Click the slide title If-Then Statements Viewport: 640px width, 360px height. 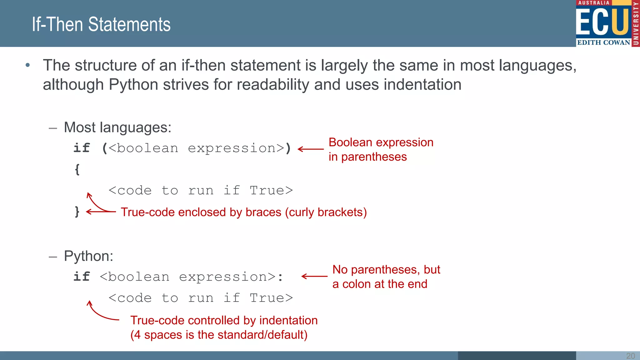coord(101,24)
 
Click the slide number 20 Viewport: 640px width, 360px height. coord(630,356)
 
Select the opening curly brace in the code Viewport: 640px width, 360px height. coord(77,170)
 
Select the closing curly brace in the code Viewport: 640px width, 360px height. coord(77,212)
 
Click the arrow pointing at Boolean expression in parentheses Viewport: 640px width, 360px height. coord(311,149)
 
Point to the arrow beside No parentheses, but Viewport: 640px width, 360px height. coord(314,276)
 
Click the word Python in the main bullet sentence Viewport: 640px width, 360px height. coord(133,85)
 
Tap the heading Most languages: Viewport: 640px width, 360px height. coord(117,127)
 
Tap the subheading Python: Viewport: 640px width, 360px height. coord(88,256)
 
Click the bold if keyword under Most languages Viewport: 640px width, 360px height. coord(82,148)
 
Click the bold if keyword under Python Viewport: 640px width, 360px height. coord(82,277)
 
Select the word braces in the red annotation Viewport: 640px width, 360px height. coord(263,212)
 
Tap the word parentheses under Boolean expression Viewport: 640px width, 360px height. coord(374,157)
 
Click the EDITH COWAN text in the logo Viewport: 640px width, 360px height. coord(603,42)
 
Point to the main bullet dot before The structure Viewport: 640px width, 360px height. coord(28,65)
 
